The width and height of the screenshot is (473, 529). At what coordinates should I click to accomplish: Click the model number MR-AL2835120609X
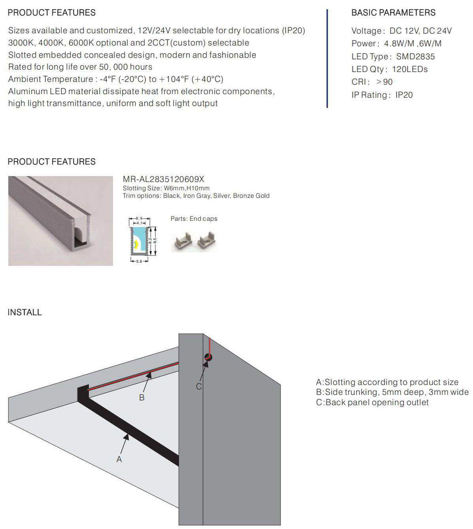164,179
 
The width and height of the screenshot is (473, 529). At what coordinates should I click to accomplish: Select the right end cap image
207,241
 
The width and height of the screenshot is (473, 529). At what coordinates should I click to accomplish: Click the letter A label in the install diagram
119,459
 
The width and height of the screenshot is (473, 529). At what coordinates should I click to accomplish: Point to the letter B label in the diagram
142,397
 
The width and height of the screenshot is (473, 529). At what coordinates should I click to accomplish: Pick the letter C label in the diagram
199,386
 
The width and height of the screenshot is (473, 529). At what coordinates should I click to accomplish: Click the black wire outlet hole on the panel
208,357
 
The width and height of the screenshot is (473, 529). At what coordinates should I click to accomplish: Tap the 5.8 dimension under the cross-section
139,262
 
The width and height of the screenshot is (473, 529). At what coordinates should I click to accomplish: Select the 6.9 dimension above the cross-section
139,218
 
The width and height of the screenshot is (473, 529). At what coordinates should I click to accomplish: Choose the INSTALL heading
24,312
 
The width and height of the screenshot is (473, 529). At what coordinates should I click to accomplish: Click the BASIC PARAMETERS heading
393,13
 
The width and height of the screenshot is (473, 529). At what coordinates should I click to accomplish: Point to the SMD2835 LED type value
415,57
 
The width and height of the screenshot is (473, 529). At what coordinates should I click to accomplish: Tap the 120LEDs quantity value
410,69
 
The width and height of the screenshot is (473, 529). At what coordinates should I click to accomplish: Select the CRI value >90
384,82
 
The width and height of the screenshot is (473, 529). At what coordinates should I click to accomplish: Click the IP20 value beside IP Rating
404,95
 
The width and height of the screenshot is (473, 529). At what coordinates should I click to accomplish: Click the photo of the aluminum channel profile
60,221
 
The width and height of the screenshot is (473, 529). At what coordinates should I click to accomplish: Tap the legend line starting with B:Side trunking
392,392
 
